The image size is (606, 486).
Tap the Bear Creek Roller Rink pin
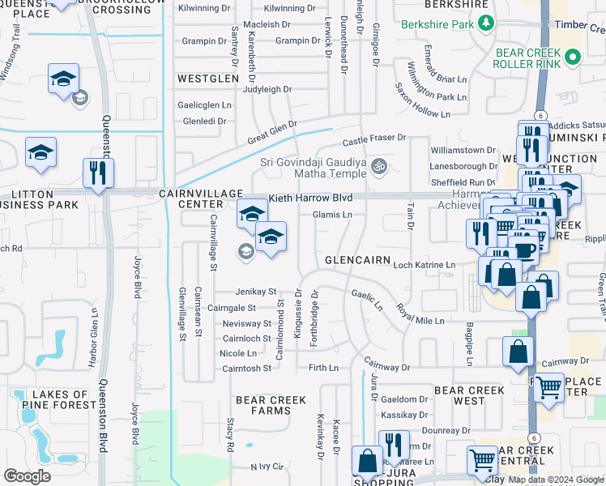point(573,57)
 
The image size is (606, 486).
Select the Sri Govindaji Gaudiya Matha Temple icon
point(378,168)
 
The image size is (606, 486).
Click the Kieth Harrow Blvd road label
point(311,198)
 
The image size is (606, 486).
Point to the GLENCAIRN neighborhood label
point(358,261)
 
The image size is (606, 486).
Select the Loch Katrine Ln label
point(424,265)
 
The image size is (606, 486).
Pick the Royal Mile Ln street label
point(420,314)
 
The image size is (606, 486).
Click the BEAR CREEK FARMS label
point(262,405)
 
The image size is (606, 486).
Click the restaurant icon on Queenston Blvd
point(98,173)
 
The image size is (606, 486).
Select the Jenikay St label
point(256,292)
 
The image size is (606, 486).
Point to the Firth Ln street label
point(323,368)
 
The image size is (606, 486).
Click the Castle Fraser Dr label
point(373,139)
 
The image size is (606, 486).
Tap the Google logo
point(27,476)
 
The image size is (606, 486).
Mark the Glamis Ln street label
point(332,215)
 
